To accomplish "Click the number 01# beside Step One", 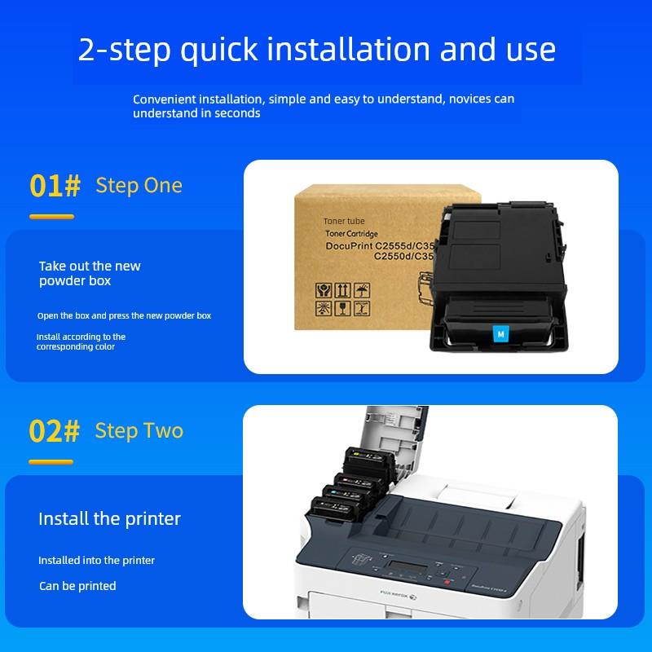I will (55, 186).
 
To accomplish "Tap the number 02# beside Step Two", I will (55, 431).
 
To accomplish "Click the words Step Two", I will (139, 430).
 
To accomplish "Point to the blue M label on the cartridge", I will (500, 333).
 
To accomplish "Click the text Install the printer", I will (110, 519).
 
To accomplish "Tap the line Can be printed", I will (77, 586).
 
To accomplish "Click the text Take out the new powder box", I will (90, 273).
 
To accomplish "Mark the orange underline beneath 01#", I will (51, 217).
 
